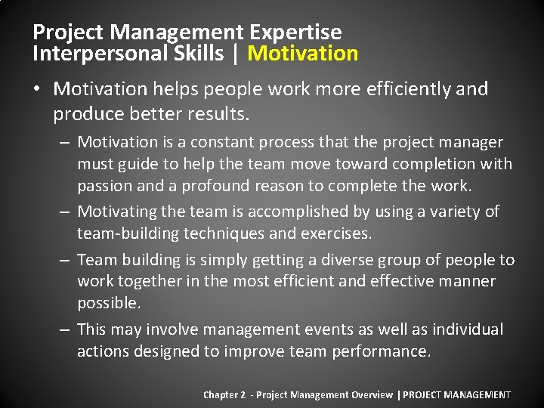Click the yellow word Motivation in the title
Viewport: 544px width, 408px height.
(x=302, y=54)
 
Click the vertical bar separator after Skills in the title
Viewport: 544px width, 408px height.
(x=237, y=54)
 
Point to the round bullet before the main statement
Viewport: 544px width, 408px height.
(x=38, y=90)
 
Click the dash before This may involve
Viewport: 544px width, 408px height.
(x=63, y=329)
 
